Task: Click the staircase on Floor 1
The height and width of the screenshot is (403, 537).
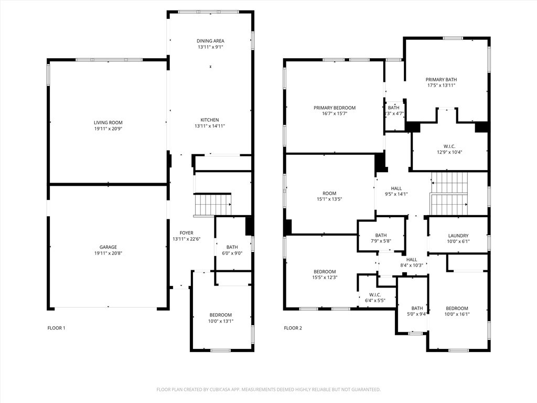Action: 212,205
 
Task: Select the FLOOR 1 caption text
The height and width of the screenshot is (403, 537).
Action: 56,328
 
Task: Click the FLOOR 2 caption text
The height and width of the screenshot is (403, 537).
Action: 293,328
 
